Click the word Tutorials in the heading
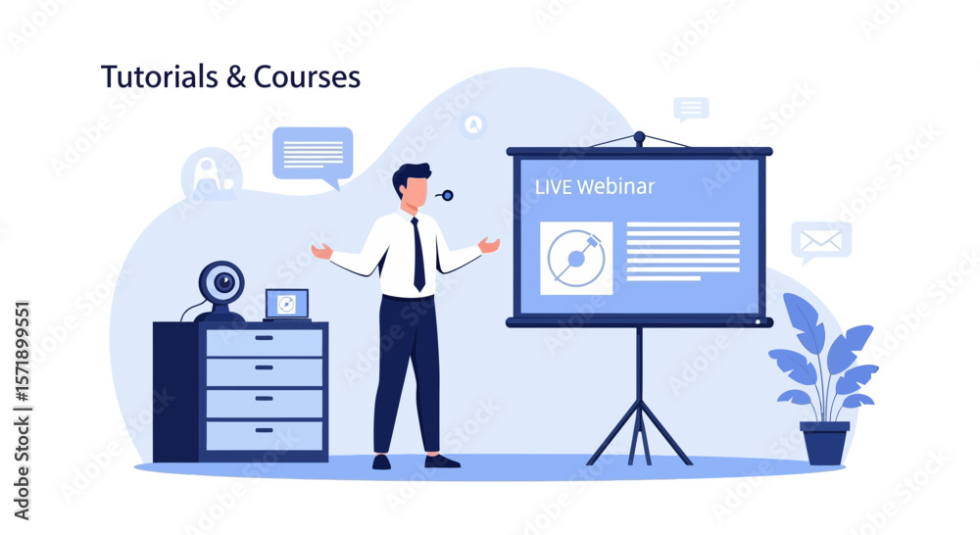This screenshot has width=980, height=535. (x=160, y=76)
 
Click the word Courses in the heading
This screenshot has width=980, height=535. (x=307, y=76)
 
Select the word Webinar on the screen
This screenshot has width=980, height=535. (x=615, y=186)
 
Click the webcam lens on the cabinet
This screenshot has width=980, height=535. (x=223, y=283)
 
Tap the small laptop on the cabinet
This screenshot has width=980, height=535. (x=287, y=305)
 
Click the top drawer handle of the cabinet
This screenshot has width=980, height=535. (x=264, y=338)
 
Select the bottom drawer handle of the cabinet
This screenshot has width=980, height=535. (x=264, y=430)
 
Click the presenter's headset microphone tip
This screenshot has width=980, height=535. (x=448, y=196)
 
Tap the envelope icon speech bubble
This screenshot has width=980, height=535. (x=820, y=242)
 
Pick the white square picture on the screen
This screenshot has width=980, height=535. (x=576, y=258)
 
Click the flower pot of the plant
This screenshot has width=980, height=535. (x=824, y=443)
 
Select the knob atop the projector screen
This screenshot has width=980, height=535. (x=639, y=137)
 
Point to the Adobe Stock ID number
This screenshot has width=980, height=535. (x=22, y=351)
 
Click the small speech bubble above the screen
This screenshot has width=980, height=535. (x=691, y=110)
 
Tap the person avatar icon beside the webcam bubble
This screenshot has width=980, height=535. (x=212, y=173)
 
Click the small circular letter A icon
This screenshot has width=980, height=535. (x=473, y=124)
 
